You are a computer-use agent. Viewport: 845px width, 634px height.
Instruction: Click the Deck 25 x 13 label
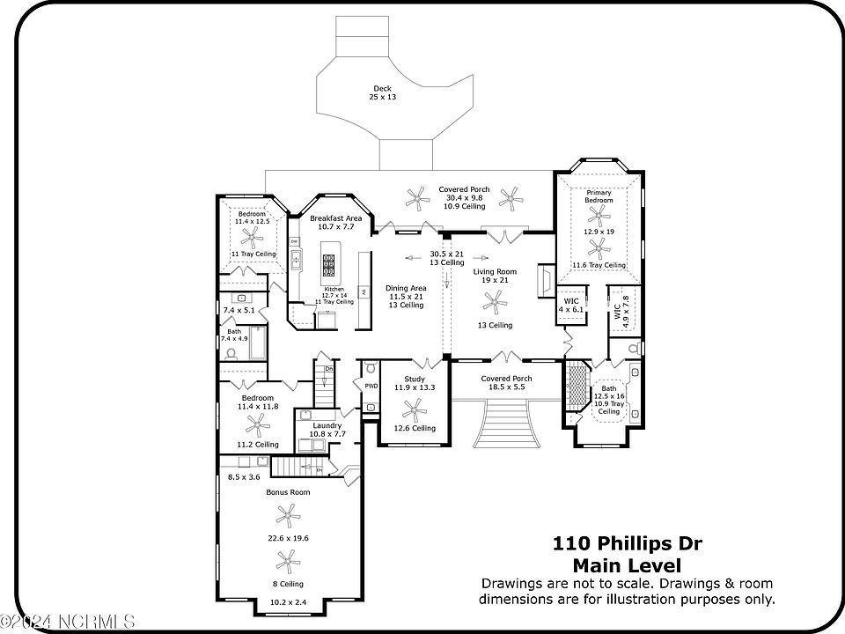click(382, 92)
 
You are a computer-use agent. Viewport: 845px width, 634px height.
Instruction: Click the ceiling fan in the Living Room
click(495, 305)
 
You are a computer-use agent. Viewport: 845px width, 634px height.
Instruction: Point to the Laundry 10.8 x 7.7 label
click(327, 430)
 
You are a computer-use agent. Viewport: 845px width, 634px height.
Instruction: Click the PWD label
click(371, 385)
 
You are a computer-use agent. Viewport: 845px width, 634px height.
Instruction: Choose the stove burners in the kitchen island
click(329, 265)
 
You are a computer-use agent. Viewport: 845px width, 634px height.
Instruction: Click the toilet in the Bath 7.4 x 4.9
click(231, 353)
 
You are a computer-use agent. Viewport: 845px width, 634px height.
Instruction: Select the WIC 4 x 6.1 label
click(570, 305)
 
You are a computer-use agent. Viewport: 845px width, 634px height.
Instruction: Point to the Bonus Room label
click(288, 492)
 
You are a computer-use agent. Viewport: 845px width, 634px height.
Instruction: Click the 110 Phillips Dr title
click(627, 543)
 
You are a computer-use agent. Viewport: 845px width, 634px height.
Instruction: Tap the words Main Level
click(627, 565)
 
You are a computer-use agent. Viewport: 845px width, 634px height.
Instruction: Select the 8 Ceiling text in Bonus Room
click(287, 584)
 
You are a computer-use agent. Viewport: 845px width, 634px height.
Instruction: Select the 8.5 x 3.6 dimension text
click(245, 476)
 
